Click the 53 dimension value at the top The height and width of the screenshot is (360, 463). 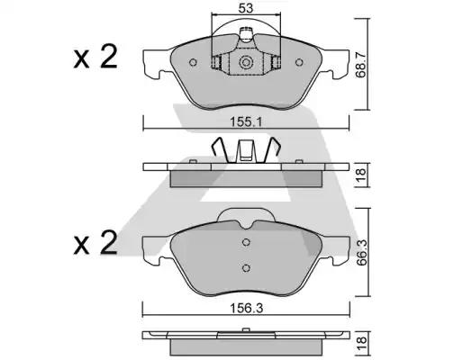[x=246, y=8]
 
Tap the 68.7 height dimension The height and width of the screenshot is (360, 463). [x=361, y=65]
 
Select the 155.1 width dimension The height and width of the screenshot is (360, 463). [x=246, y=122]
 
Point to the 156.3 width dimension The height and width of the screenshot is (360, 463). [x=246, y=308]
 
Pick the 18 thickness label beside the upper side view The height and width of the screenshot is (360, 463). [x=361, y=175]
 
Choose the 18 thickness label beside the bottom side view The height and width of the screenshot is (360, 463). [x=361, y=340]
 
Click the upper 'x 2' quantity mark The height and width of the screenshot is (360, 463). [x=95, y=57]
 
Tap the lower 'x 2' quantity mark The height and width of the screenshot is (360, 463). [x=95, y=242]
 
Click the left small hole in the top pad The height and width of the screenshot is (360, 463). [x=193, y=62]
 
